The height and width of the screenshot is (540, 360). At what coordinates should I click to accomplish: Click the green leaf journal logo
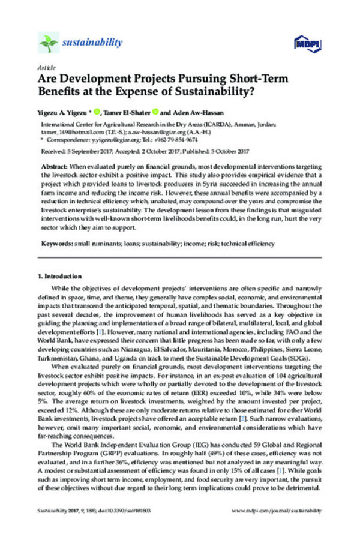coord(47,43)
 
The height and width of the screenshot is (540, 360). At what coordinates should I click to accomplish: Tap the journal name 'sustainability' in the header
coord(92,43)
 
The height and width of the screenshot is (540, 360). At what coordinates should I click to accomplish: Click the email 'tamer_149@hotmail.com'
coord(70,136)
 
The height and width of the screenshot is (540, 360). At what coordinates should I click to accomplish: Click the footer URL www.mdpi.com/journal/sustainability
coord(277,511)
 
